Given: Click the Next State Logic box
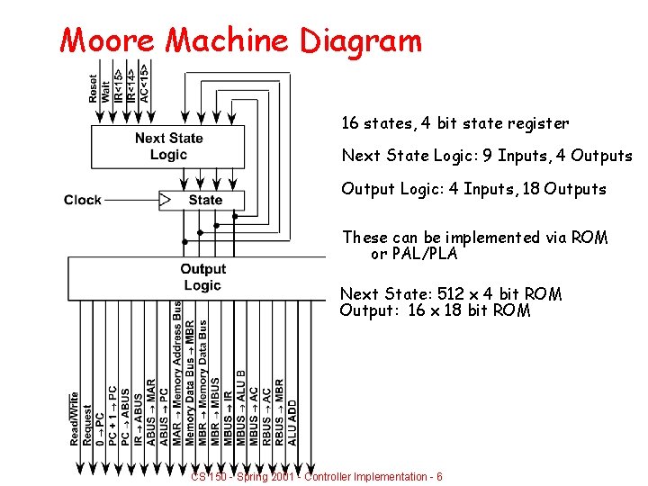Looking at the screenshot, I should [x=168, y=146].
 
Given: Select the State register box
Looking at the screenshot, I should [x=205, y=200].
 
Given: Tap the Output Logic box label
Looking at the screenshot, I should [x=202, y=277].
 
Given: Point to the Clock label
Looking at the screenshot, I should [x=83, y=200].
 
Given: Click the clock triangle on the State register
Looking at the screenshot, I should [x=165, y=199].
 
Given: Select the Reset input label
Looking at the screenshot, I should [x=94, y=87].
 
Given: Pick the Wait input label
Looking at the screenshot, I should [x=106, y=88].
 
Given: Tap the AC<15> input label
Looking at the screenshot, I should [x=144, y=82].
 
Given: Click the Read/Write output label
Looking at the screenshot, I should [x=76, y=418].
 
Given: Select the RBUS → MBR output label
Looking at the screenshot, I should [x=279, y=412].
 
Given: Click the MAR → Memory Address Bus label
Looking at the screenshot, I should [x=177, y=373].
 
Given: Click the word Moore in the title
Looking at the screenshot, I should [x=109, y=40].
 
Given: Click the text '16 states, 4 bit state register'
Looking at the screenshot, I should [x=454, y=123].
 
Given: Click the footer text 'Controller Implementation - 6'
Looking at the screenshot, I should [x=372, y=476].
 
